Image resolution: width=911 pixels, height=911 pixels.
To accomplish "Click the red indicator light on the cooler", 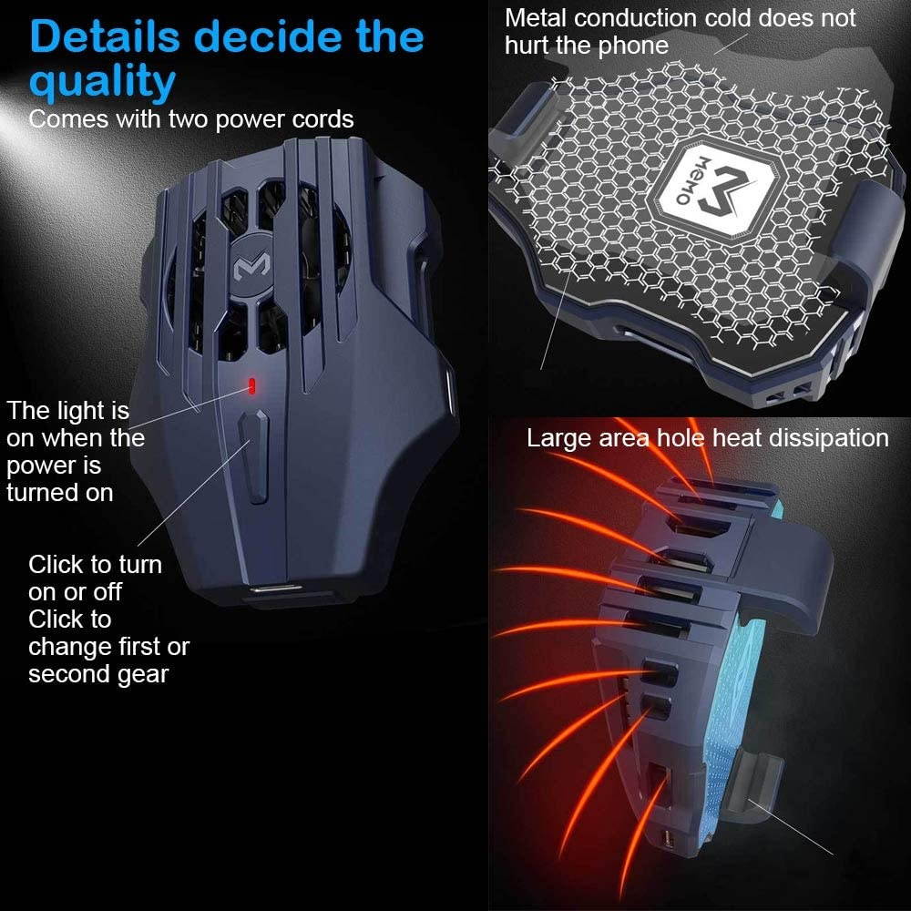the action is coord(251,385).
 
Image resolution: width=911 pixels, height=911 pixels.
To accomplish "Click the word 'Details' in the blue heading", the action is coord(105,36).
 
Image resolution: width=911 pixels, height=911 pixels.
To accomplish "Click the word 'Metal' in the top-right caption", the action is coord(536,18).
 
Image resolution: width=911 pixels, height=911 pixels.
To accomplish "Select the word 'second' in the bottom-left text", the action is coord(69,674).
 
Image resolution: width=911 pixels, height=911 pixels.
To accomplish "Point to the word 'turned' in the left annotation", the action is coord(40,493).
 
